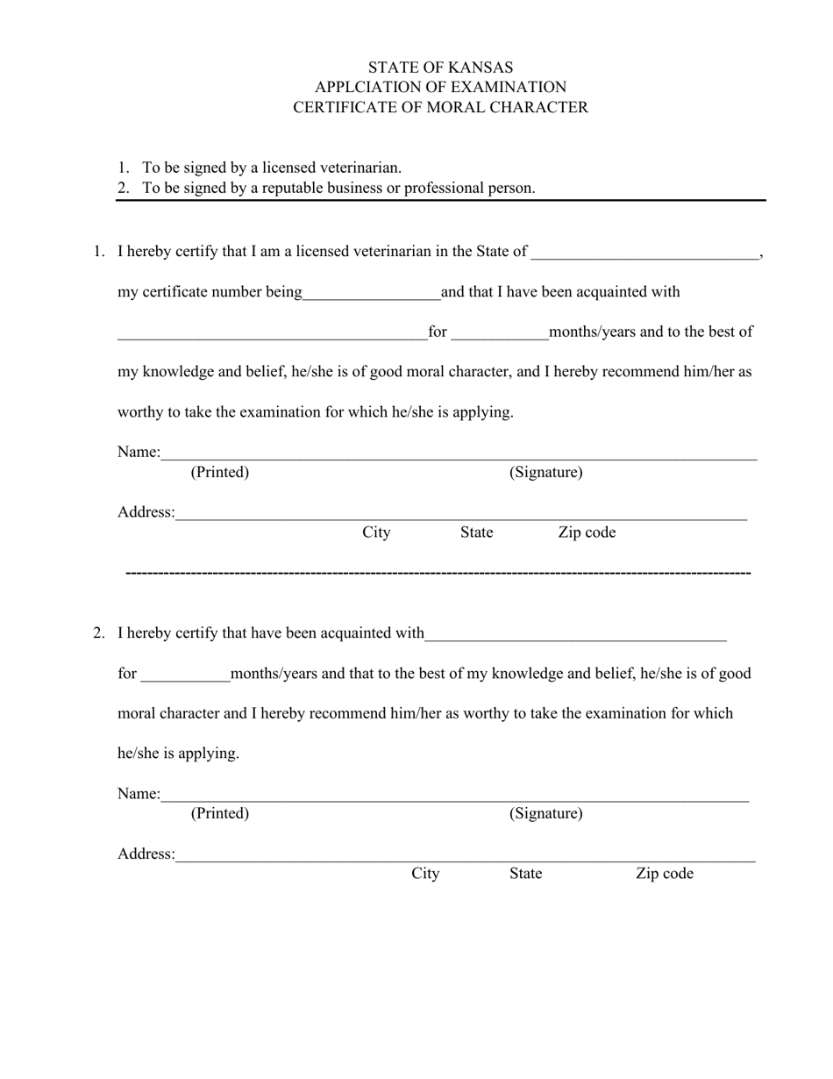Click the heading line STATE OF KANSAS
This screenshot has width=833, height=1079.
[440, 68]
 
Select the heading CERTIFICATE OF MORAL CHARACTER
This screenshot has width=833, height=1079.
[440, 108]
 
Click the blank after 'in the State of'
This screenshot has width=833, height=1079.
[644, 253]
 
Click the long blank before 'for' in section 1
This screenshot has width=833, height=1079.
[272, 333]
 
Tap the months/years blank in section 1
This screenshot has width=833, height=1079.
[499, 333]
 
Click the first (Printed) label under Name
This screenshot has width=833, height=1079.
[220, 473]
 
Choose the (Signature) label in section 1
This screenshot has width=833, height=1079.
[545, 473]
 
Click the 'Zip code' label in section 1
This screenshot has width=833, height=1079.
[587, 533]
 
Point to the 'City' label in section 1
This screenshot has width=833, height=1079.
[376, 533]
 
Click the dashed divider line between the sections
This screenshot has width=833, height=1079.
[438, 573]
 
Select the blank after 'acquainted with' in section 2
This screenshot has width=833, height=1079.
[575, 634]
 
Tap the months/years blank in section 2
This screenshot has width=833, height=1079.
[185, 675]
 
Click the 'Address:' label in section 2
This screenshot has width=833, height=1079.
[146, 854]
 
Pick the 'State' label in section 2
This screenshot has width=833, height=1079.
[525, 874]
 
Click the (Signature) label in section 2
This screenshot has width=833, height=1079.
[545, 814]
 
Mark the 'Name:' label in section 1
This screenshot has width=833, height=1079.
[139, 453]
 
